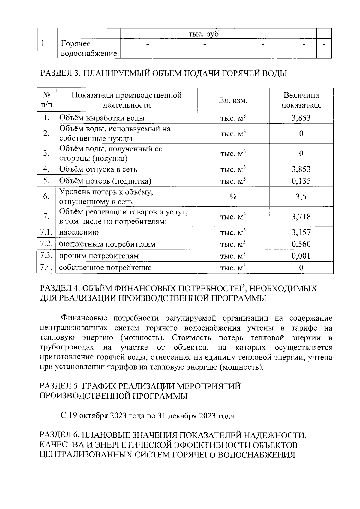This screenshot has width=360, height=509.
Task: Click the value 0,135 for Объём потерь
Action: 301,181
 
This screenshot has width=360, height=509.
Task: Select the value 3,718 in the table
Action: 301,216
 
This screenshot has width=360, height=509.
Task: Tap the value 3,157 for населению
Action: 301,232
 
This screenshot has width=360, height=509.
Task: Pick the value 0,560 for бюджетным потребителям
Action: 301,244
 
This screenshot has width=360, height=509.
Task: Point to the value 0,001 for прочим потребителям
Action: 301,256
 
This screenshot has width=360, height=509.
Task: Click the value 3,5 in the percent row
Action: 301,197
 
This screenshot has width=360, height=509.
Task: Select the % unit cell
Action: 233,197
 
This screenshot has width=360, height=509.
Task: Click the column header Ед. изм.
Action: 233,100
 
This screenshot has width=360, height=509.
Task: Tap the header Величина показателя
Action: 301,100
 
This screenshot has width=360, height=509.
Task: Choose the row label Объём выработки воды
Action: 102,118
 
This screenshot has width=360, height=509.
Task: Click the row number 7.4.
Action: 46,267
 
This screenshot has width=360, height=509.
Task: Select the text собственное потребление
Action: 105,268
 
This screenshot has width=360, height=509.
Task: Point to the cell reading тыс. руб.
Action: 204,34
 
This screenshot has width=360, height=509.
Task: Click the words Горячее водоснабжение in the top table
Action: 88,49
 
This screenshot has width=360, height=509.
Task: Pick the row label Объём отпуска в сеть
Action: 98,169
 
